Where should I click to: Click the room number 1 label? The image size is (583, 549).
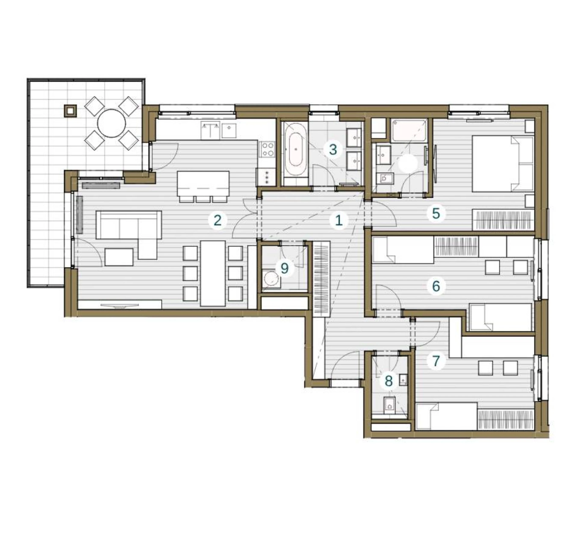coord(339,220)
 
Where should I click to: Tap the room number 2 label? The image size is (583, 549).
coord(218,220)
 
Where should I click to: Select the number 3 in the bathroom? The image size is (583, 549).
coord(333,150)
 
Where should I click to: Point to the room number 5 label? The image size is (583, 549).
coord(436,213)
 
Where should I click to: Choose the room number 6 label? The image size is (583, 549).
coord(436,286)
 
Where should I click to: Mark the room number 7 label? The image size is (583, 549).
coord(436,361)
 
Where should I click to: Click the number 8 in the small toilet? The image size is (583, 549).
coord(389,381)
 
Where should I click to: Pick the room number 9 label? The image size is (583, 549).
coord(284,268)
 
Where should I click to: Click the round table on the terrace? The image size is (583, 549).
coord(112,123)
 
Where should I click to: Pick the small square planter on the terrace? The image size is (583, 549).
coord(70,111)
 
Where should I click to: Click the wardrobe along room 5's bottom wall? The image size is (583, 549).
coord(503,220)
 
